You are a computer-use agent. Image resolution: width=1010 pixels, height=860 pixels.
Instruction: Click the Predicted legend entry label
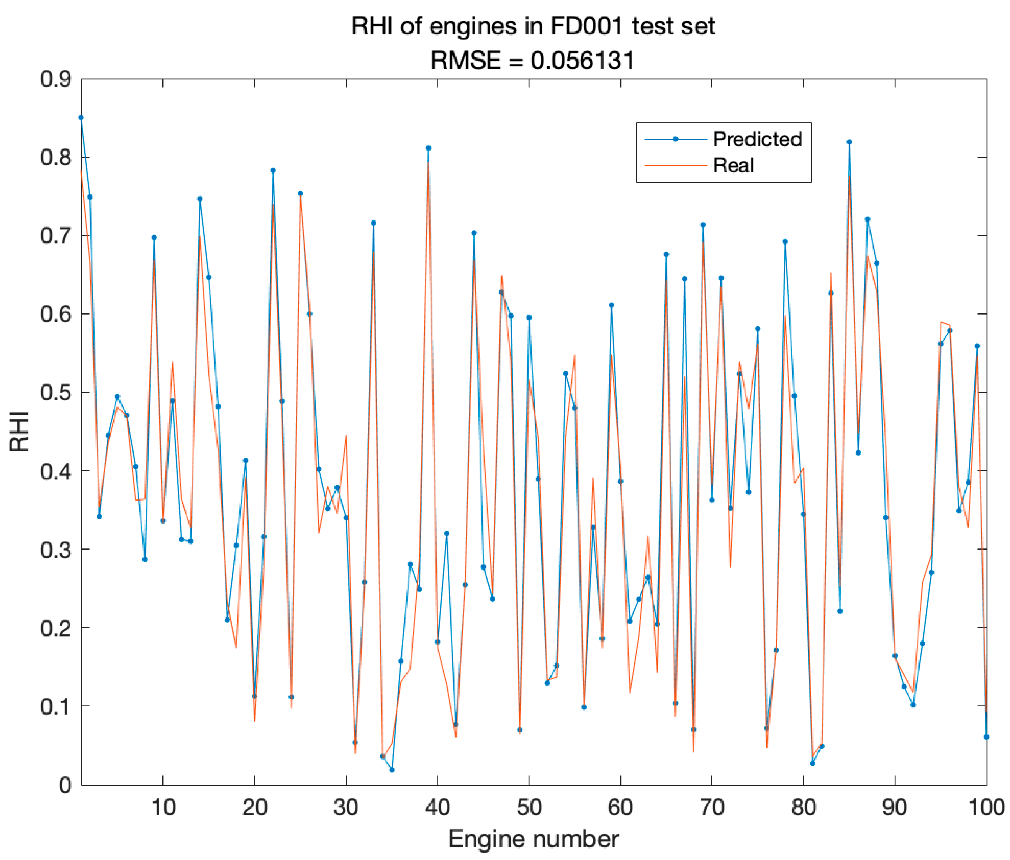click(x=757, y=140)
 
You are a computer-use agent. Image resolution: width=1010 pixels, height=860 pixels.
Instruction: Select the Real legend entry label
click(x=733, y=166)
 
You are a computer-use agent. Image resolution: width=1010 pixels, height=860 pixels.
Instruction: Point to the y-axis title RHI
click(x=20, y=432)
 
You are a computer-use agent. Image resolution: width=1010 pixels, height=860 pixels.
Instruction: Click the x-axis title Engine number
click(x=533, y=839)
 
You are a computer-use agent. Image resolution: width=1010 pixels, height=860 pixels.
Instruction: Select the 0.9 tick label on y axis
click(x=55, y=79)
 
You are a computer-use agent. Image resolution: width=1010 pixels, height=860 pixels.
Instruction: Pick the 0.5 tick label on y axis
click(x=55, y=393)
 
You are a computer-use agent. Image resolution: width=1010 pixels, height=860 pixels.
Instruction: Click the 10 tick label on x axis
click(x=163, y=808)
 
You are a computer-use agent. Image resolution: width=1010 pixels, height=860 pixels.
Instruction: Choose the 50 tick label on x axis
click(x=529, y=808)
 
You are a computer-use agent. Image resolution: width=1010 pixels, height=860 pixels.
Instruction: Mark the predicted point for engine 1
click(x=81, y=118)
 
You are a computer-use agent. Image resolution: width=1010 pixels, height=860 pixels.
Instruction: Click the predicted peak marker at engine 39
click(x=428, y=148)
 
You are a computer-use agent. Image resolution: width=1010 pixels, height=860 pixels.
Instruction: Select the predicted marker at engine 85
click(x=849, y=142)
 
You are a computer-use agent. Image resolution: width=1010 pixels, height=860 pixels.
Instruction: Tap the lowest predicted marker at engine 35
click(x=392, y=770)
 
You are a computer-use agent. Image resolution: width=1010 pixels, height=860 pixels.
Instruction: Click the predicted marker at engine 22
click(x=273, y=171)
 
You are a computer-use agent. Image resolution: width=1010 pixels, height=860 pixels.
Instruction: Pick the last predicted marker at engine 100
click(x=986, y=737)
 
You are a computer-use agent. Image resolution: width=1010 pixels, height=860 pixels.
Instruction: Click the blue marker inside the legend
click(x=675, y=140)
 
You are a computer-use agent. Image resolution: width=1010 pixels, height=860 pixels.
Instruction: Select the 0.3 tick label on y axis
click(x=55, y=550)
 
